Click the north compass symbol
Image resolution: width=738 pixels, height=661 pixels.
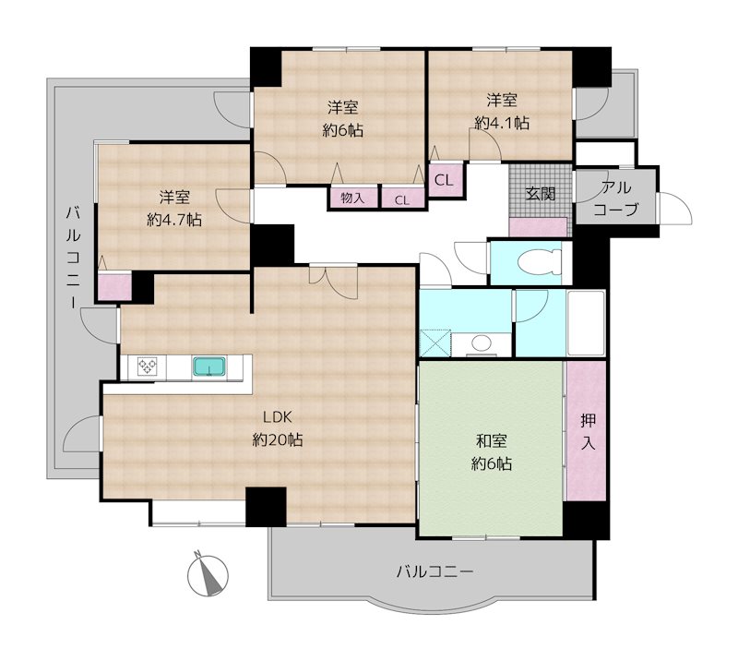tap(208, 574)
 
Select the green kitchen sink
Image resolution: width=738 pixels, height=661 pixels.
tap(209, 367)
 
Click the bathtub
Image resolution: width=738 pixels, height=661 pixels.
tap(586, 323)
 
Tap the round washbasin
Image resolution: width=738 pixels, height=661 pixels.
tap(481, 343)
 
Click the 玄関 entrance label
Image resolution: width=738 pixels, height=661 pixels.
tap(541, 194)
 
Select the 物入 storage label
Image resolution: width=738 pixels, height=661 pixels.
tap(352, 198)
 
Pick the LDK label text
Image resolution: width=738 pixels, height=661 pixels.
tap(278, 417)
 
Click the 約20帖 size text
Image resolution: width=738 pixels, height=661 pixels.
tap(278, 440)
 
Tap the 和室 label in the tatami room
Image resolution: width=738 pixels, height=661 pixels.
tap(492, 441)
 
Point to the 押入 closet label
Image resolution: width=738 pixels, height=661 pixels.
tap(588, 431)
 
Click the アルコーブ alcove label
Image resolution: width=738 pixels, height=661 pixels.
tap(616, 198)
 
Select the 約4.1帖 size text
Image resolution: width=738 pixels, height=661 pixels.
tap(502, 123)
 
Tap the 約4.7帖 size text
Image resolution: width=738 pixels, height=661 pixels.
tap(174, 220)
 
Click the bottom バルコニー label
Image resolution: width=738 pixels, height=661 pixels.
tap(434, 572)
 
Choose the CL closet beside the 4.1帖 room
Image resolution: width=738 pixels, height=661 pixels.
tap(444, 179)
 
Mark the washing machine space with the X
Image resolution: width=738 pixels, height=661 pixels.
tap(434, 343)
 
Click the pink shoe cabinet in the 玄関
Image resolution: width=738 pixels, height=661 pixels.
tap(538, 227)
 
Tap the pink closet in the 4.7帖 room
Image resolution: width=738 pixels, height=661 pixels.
tap(114, 287)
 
